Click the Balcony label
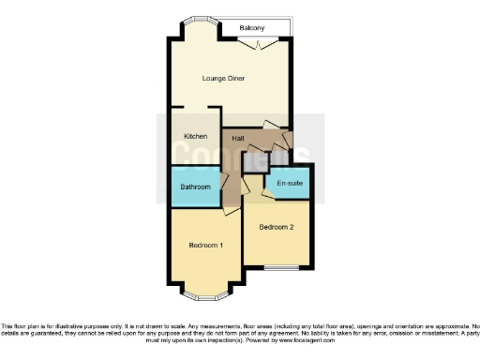[x=251, y=28]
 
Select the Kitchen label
[x=195, y=137]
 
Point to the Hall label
[x=238, y=139]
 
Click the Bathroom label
[x=195, y=187]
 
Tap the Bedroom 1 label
[x=206, y=246]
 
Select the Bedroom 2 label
[x=277, y=227]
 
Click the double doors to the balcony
[x=269, y=44]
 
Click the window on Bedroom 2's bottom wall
[x=277, y=268]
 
